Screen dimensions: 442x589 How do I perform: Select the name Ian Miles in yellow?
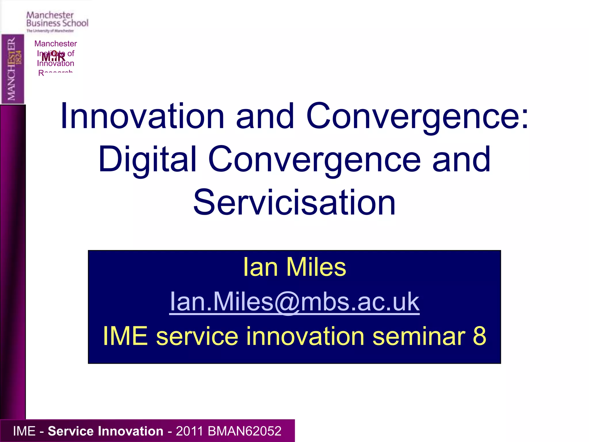pos(294,267)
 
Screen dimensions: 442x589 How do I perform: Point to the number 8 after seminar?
pos(479,336)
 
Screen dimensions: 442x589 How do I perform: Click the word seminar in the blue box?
pos(418,336)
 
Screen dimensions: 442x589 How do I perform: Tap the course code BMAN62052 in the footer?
pos(244,431)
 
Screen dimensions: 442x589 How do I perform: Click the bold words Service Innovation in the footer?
pos(105,431)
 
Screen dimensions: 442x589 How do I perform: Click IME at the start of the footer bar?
pos(24,431)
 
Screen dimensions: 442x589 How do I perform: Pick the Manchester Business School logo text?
pos(57,19)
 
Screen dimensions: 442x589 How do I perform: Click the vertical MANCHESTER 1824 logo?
pos(13,69)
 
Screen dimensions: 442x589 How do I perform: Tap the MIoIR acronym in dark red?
pos(53,57)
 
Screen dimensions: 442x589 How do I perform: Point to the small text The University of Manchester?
pos(50,31)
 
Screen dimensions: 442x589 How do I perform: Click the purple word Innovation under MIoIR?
pos(56,64)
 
